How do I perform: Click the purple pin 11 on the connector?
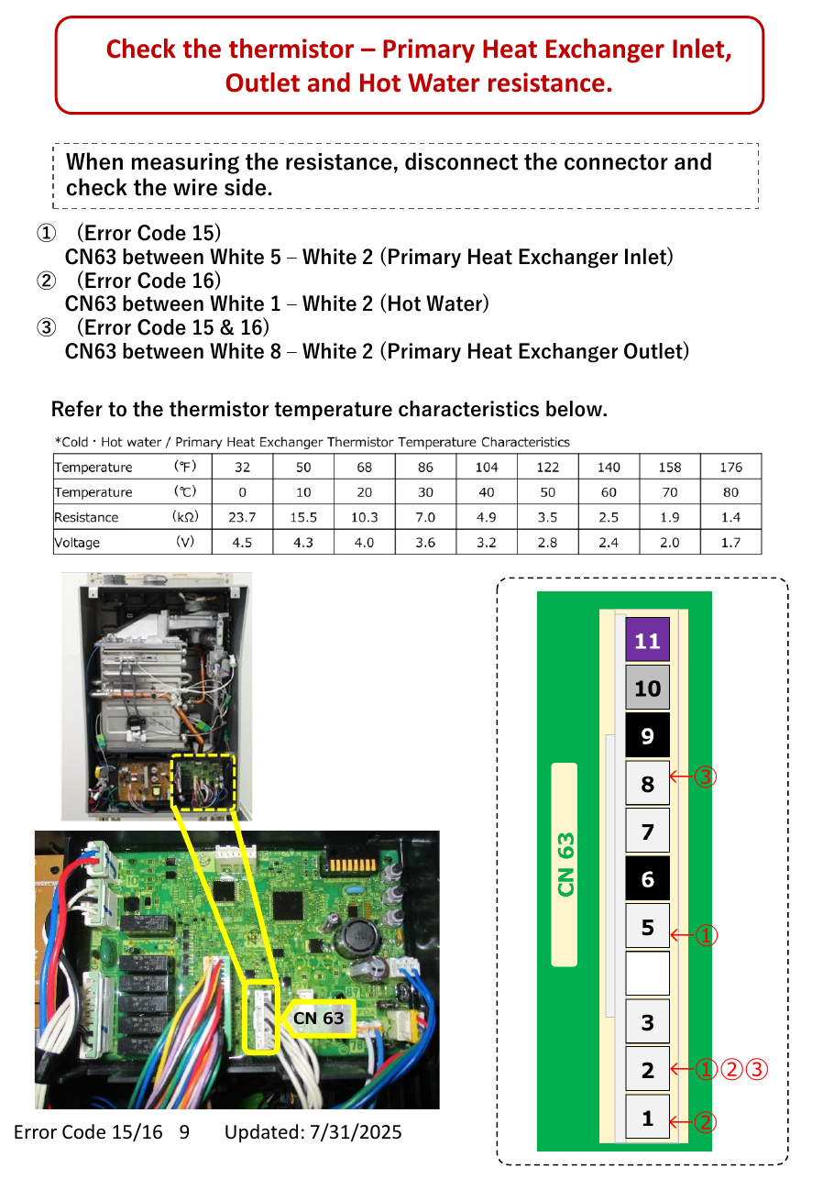pos(647,640)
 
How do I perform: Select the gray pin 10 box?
pos(647,688)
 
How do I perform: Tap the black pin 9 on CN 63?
pos(647,735)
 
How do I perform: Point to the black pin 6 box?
pos(647,878)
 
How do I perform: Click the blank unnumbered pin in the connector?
pos(647,974)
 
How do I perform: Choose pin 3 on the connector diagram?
pos(647,1021)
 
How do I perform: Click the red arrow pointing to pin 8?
pos(681,777)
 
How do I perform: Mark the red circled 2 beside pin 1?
pos(705,1121)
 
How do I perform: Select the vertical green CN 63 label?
pos(565,865)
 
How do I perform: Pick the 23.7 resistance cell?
pos(242,517)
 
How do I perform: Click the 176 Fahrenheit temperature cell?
pos(731,467)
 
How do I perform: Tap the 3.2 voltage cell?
pos(487,542)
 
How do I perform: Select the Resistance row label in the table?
pos(86,517)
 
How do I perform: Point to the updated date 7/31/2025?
pos(356,1132)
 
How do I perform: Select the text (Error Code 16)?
pos(148,281)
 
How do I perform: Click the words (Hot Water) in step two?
pos(434,303)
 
